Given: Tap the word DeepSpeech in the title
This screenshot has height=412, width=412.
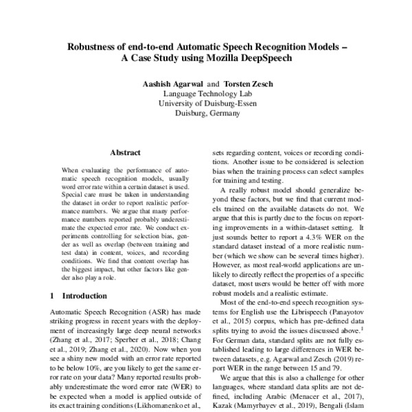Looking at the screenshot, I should pos(254,58).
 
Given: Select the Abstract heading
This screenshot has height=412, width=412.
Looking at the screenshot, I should pos(125,152).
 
